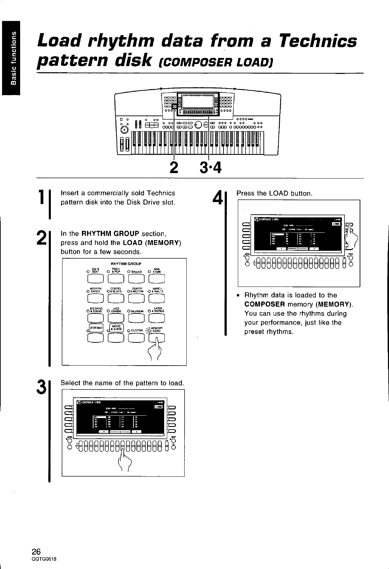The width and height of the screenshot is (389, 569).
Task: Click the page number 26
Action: (37, 551)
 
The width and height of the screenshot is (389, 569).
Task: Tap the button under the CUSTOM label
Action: (136, 337)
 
